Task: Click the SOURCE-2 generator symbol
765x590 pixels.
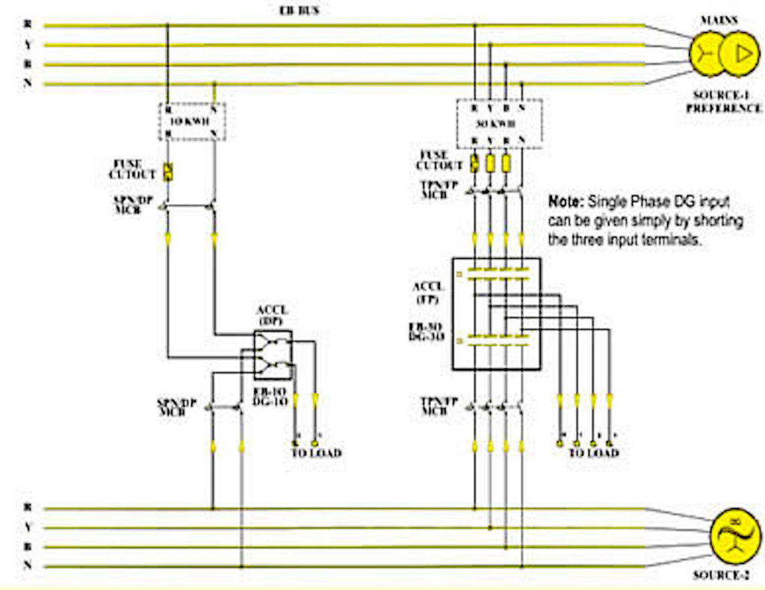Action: click(x=736, y=537)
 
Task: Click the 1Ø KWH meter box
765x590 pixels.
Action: click(x=192, y=121)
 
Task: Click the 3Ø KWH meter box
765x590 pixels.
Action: click(x=498, y=123)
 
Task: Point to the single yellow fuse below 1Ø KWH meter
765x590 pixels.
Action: click(x=168, y=171)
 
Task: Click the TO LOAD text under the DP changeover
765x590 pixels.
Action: click(x=316, y=453)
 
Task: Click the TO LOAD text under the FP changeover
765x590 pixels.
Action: click(x=593, y=453)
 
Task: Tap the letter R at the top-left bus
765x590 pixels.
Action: click(x=28, y=25)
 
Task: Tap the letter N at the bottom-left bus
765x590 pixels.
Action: click(x=28, y=566)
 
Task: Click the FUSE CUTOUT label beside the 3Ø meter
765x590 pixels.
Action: click(x=439, y=160)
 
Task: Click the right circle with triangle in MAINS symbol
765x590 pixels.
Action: click(x=740, y=54)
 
